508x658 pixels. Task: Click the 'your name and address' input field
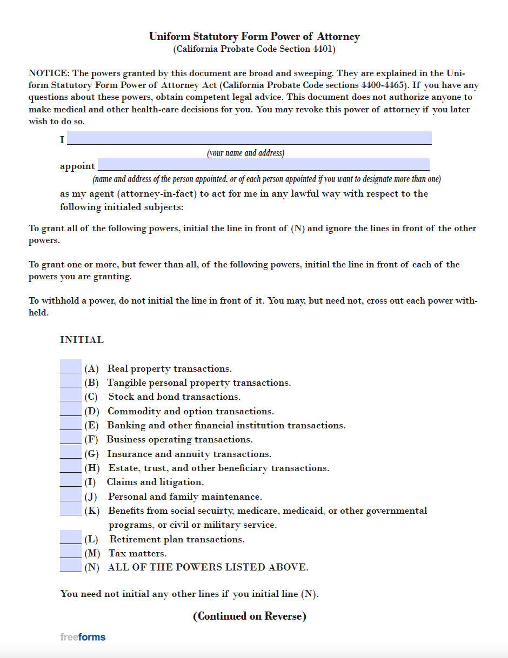pos(249,138)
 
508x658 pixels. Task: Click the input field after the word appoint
pos(263,164)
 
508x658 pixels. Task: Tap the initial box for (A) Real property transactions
pos(70,366)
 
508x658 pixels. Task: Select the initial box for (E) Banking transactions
pos(70,424)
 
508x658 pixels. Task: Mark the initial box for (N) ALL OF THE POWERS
pos(70,566)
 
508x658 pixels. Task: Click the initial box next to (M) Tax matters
pos(70,552)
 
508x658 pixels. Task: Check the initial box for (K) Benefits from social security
pos(70,509)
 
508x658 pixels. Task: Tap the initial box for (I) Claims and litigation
pos(70,480)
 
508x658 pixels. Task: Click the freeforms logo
pos(83,637)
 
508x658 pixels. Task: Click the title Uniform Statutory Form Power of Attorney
pos(254,37)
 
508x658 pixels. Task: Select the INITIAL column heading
pos(82,340)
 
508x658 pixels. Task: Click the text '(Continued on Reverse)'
pos(249,616)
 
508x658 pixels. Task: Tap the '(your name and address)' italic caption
pos(245,153)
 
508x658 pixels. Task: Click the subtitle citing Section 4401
pos(254,49)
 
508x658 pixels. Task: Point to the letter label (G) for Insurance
pos(91,454)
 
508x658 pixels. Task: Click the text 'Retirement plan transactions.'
pos(177,539)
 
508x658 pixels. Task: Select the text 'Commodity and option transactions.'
pos(190,411)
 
